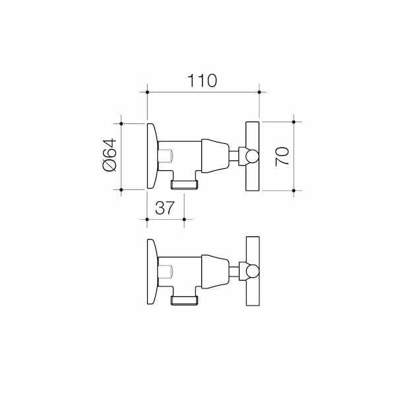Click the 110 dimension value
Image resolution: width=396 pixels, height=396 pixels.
tap(202, 81)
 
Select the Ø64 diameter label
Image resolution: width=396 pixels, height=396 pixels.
tap(110, 156)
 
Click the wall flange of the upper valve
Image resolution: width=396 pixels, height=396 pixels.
tap(152, 156)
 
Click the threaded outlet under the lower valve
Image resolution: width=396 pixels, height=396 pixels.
tap(185, 300)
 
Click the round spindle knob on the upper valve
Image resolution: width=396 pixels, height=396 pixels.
tap(248, 156)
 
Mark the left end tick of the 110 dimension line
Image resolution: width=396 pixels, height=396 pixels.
tap(146, 92)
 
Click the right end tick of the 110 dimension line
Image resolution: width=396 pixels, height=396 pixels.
tap(259, 92)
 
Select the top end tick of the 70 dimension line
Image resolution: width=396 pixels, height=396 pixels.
tap(294, 122)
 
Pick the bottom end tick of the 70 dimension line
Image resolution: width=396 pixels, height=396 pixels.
tap(294, 191)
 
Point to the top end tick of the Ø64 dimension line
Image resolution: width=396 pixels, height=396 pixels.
tap(122, 122)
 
